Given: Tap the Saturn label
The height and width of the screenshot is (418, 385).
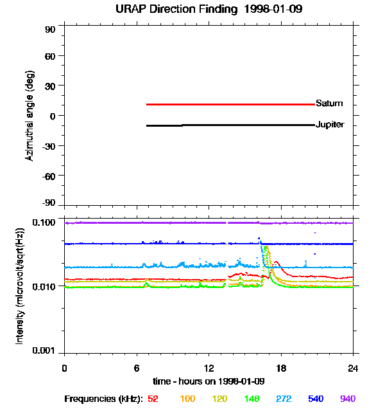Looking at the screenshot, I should click(x=329, y=104).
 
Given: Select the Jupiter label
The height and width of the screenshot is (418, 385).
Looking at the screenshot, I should click(x=330, y=125).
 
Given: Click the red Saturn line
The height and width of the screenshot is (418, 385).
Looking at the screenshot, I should click(x=231, y=104).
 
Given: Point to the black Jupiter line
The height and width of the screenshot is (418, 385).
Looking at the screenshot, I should click(x=231, y=125).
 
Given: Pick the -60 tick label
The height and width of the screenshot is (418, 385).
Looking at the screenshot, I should click(x=48, y=175).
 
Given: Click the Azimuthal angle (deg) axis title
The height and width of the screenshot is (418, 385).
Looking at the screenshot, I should click(x=30, y=116).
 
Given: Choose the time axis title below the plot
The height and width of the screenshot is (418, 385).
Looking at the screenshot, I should click(x=209, y=381).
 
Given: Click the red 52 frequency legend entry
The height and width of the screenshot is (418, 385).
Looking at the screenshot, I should click(x=153, y=399).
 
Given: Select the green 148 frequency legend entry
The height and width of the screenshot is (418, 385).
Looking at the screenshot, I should click(x=252, y=399).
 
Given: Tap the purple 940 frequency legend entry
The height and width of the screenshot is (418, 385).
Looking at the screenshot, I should click(x=347, y=399).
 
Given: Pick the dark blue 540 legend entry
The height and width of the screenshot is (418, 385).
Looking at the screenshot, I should click(x=316, y=399).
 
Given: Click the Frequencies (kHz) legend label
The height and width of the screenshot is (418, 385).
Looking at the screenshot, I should click(x=103, y=399).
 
